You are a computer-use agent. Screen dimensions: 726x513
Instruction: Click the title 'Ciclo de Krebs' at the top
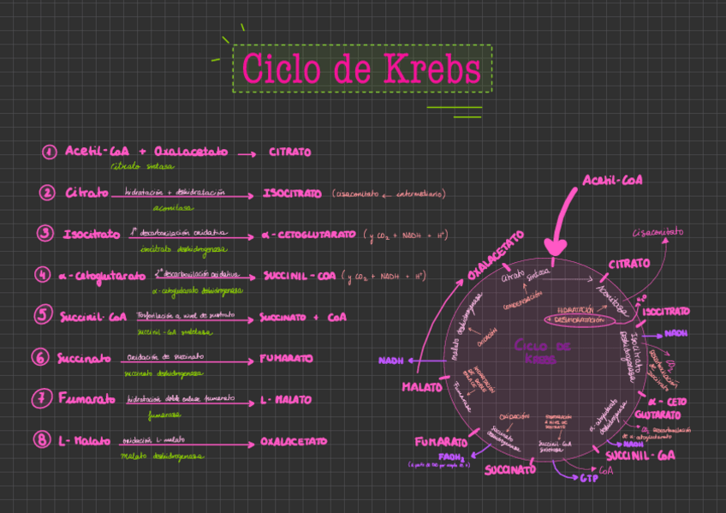click(361, 69)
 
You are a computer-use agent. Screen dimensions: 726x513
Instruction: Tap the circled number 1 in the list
click(49, 152)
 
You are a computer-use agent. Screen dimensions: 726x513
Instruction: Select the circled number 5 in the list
click(43, 315)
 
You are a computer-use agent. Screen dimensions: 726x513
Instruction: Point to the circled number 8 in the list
click(42, 440)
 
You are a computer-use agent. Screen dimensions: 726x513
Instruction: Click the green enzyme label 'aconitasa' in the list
click(172, 207)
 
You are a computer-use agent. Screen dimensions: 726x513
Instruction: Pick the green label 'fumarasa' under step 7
click(164, 415)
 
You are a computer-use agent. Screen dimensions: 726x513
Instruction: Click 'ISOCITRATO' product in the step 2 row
click(292, 194)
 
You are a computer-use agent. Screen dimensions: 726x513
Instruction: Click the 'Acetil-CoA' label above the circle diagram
click(612, 180)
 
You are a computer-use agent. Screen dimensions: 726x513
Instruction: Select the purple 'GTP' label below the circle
click(588, 477)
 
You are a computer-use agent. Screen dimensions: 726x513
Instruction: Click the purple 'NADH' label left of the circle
click(390, 361)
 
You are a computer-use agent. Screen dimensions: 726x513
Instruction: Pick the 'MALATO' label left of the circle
click(422, 387)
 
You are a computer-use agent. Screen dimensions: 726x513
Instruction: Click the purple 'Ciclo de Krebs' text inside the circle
click(542, 351)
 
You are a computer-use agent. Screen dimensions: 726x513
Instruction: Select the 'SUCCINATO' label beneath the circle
click(510, 469)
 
